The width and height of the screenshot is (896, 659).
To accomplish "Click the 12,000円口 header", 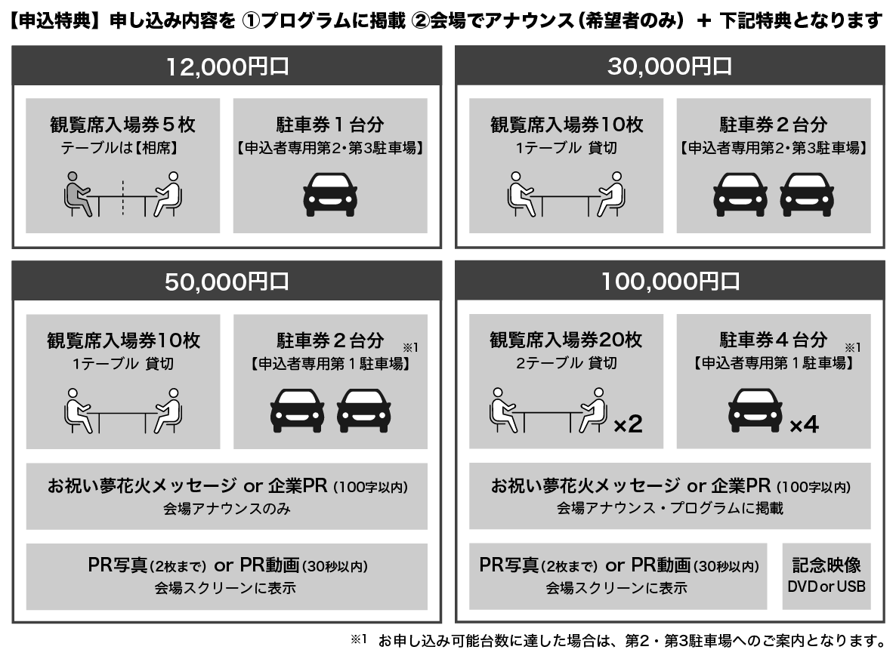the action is pyautogui.click(x=227, y=66).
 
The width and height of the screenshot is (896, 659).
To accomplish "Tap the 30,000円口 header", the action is pyautogui.click(x=669, y=66).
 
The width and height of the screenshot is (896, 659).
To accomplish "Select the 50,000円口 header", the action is pyautogui.click(x=227, y=281).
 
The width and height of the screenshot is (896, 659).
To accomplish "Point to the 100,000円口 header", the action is pyautogui.click(x=669, y=281).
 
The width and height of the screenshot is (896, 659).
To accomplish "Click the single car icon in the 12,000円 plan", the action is pyautogui.click(x=329, y=195).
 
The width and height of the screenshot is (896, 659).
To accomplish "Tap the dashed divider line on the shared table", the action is pyautogui.click(x=123, y=198).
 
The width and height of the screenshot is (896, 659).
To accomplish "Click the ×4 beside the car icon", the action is pyautogui.click(x=804, y=424).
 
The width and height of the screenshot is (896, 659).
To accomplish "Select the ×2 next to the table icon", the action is pyautogui.click(x=628, y=424).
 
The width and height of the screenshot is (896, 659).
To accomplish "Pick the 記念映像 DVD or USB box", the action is pyautogui.click(x=826, y=576).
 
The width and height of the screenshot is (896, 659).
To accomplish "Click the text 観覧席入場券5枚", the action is pyautogui.click(x=123, y=125).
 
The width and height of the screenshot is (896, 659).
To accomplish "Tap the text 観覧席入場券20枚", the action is pyautogui.click(x=566, y=340).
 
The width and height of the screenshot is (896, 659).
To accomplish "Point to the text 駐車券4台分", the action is pyautogui.click(x=773, y=340).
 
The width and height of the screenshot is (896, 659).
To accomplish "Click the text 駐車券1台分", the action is pyautogui.click(x=329, y=125).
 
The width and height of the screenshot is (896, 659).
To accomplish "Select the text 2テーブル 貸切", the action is pyautogui.click(x=566, y=363).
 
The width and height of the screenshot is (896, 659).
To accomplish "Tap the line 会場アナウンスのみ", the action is pyautogui.click(x=227, y=509).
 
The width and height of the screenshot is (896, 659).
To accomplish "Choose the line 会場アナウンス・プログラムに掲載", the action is pyautogui.click(x=669, y=508).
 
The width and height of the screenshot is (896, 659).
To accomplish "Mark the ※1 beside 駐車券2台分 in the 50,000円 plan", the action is pyautogui.click(x=410, y=347).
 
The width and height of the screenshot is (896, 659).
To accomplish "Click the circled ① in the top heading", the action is pyautogui.click(x=251, y=21).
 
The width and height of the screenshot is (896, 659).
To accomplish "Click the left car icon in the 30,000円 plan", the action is pyautogui.click(x=740, y=195).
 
